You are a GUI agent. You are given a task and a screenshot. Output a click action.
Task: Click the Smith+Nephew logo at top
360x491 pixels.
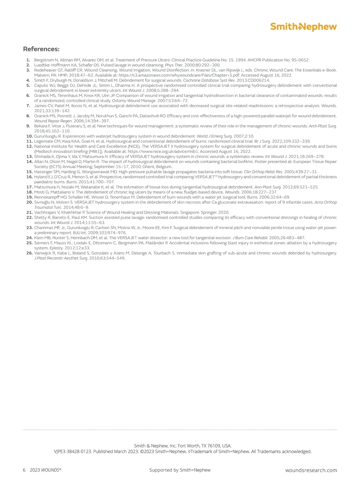click(303, 27)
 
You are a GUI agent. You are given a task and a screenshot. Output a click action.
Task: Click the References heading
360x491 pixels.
click(41, 49)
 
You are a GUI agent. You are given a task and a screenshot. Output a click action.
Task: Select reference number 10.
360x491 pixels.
click(29, 136)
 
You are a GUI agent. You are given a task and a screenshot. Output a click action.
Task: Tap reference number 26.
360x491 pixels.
click(29, 253)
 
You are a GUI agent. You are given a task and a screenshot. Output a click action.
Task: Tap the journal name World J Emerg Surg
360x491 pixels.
click(214, 136)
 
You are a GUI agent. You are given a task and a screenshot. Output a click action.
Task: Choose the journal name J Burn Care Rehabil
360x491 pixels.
click(250, 238)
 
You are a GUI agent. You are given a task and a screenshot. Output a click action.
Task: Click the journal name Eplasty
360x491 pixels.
click(56, 248)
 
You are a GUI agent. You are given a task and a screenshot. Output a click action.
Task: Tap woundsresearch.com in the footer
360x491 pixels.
click(311, 470)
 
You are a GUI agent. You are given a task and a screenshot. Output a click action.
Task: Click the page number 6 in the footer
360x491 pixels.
click(24, 470)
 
